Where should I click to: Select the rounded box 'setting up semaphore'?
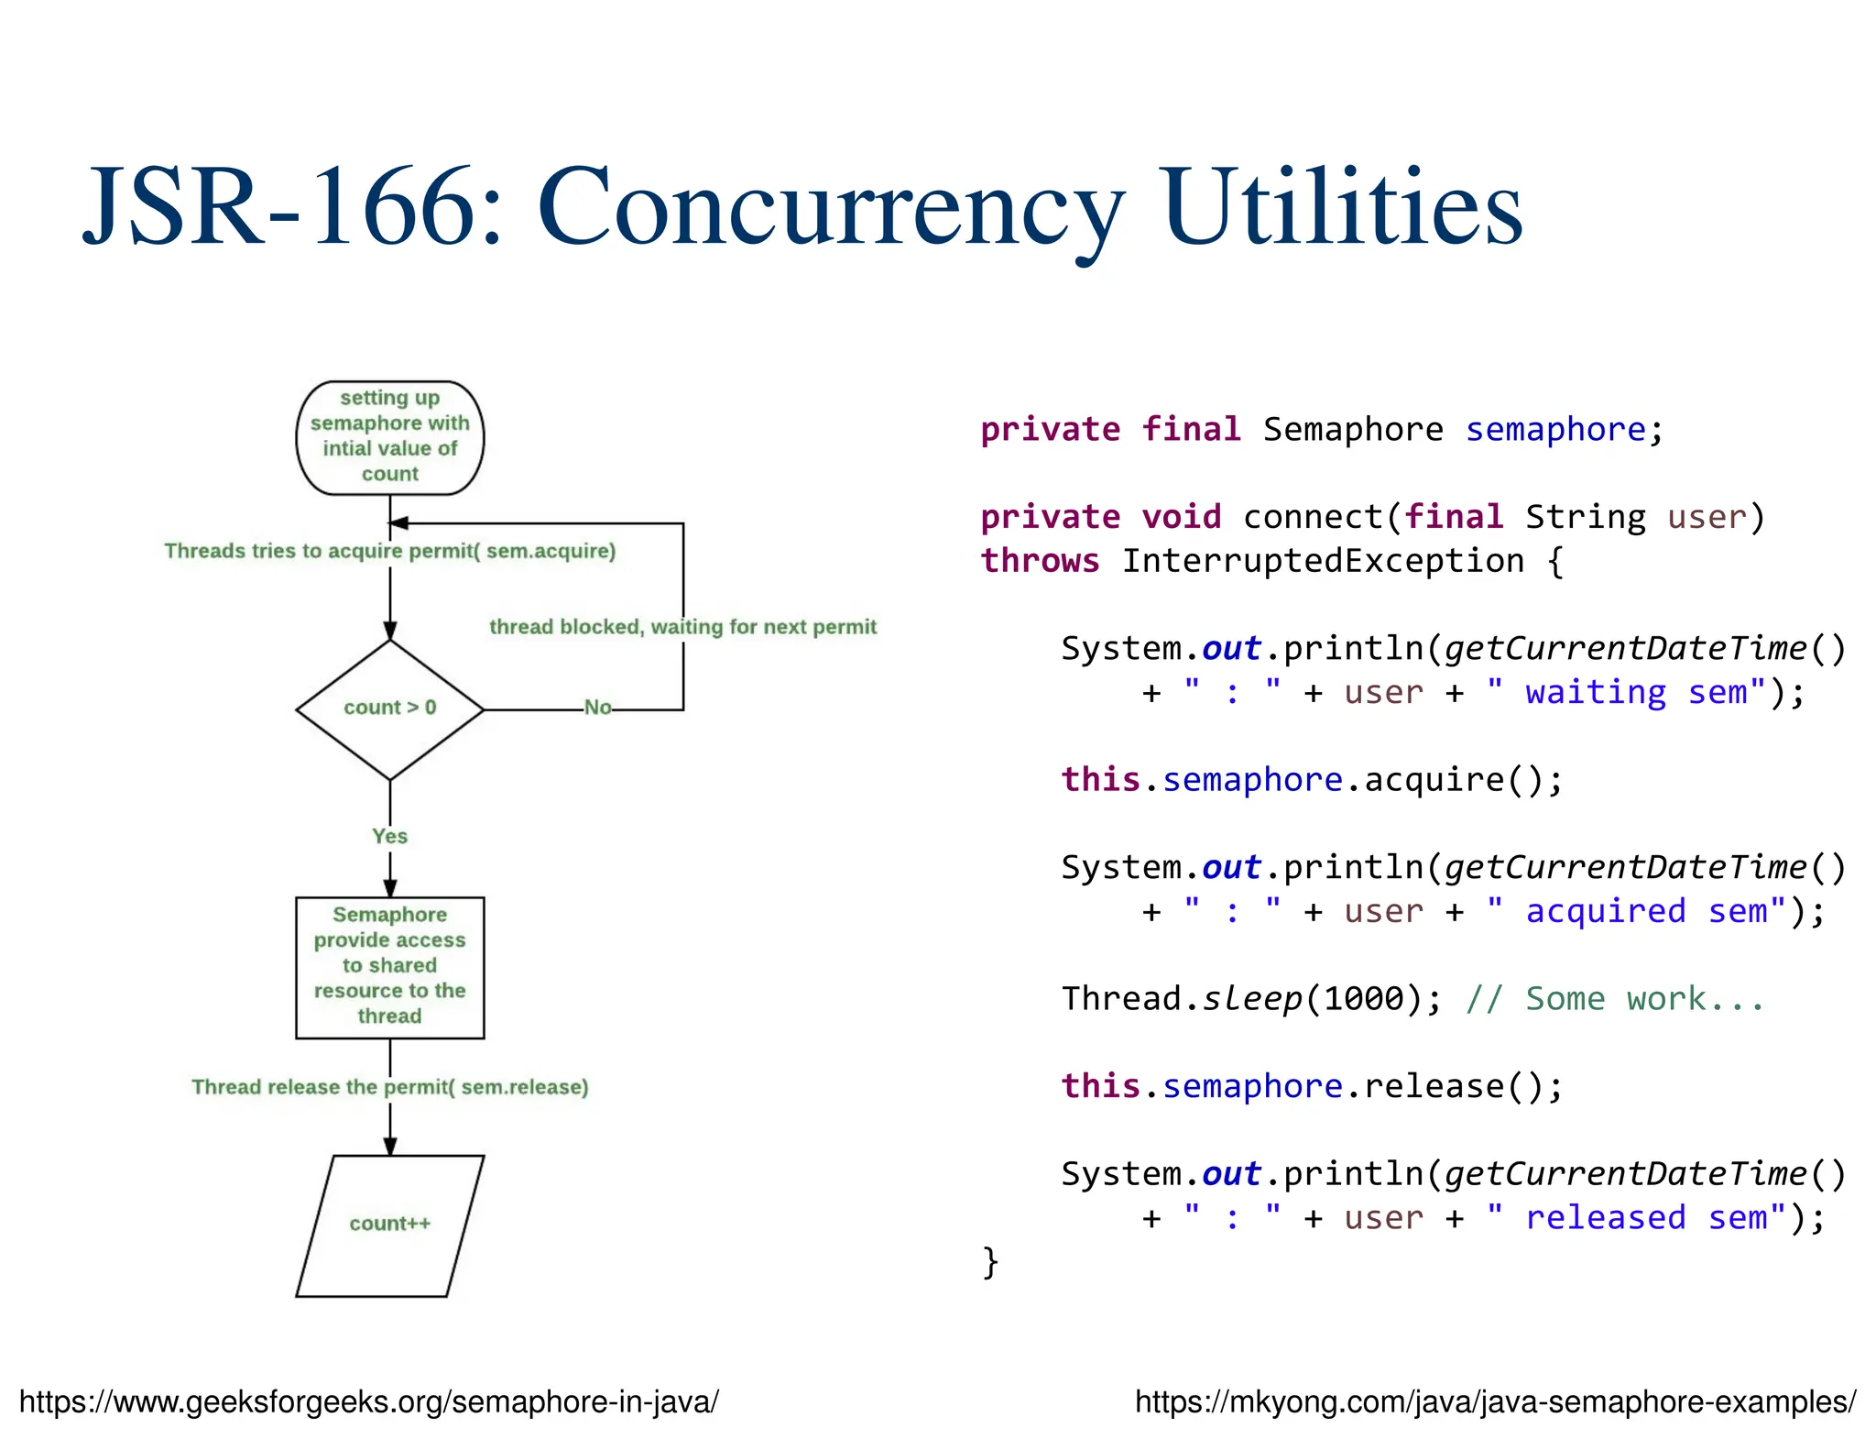coord(389,437)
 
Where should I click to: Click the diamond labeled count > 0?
coord(389,709)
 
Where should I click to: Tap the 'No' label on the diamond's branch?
coord(597,708)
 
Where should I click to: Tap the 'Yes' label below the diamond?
coord(389,836)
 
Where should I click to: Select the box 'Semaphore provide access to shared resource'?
coord(389,966)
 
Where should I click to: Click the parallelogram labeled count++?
coord(389,1225)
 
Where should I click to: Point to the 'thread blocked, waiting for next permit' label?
coord(682,627)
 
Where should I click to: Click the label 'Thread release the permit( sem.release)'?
coord(389,1087)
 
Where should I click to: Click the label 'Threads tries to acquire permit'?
coord(389,551)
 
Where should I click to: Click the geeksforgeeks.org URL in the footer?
coord(368,1401)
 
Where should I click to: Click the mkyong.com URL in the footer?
coord(1495,1401)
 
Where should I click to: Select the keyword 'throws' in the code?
coord(1040,561)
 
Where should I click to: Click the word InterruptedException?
coord(1323,561)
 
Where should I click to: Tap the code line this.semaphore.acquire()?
coord(1312,780)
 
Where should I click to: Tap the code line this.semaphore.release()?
coord(1312,1086)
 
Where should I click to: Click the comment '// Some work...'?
coord(1614,999)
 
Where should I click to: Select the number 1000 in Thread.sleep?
coord(1363,999)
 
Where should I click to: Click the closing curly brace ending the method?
coord(989,1261)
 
